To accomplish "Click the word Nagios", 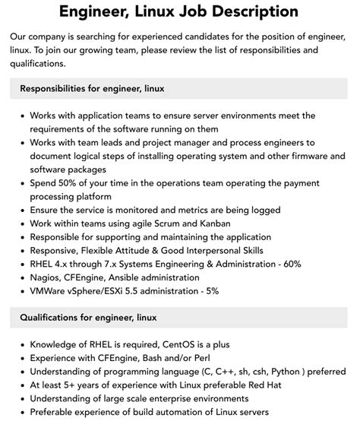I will (47, 277).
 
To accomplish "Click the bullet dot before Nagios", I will (21, 277).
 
